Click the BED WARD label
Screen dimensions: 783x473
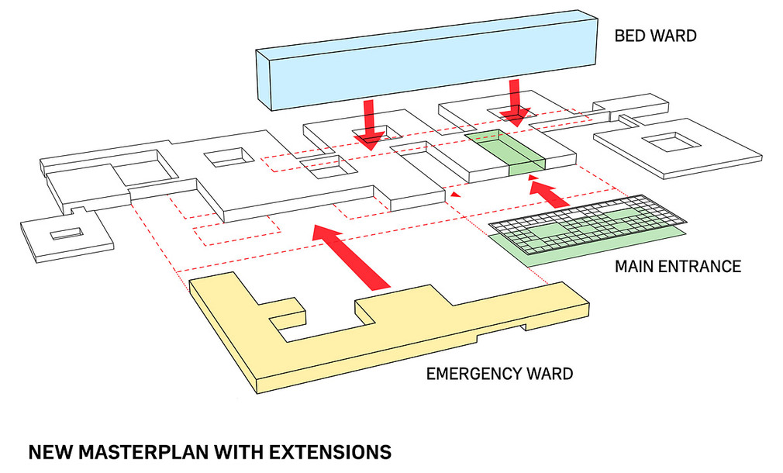pos(655,36)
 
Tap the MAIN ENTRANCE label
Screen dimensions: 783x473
pos(678,266)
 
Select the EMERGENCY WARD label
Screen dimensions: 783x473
pos(499,374)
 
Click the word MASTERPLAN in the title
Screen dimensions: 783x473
pos(143,452)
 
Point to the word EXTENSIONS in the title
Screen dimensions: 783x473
pos(330,452)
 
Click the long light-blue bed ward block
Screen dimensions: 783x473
pos(427,60)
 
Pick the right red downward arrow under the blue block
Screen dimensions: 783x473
pos(515,102)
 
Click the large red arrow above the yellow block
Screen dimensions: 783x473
pos(351,257)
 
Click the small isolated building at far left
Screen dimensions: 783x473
pos(67,235)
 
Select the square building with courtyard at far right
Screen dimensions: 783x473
pos(678,147)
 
